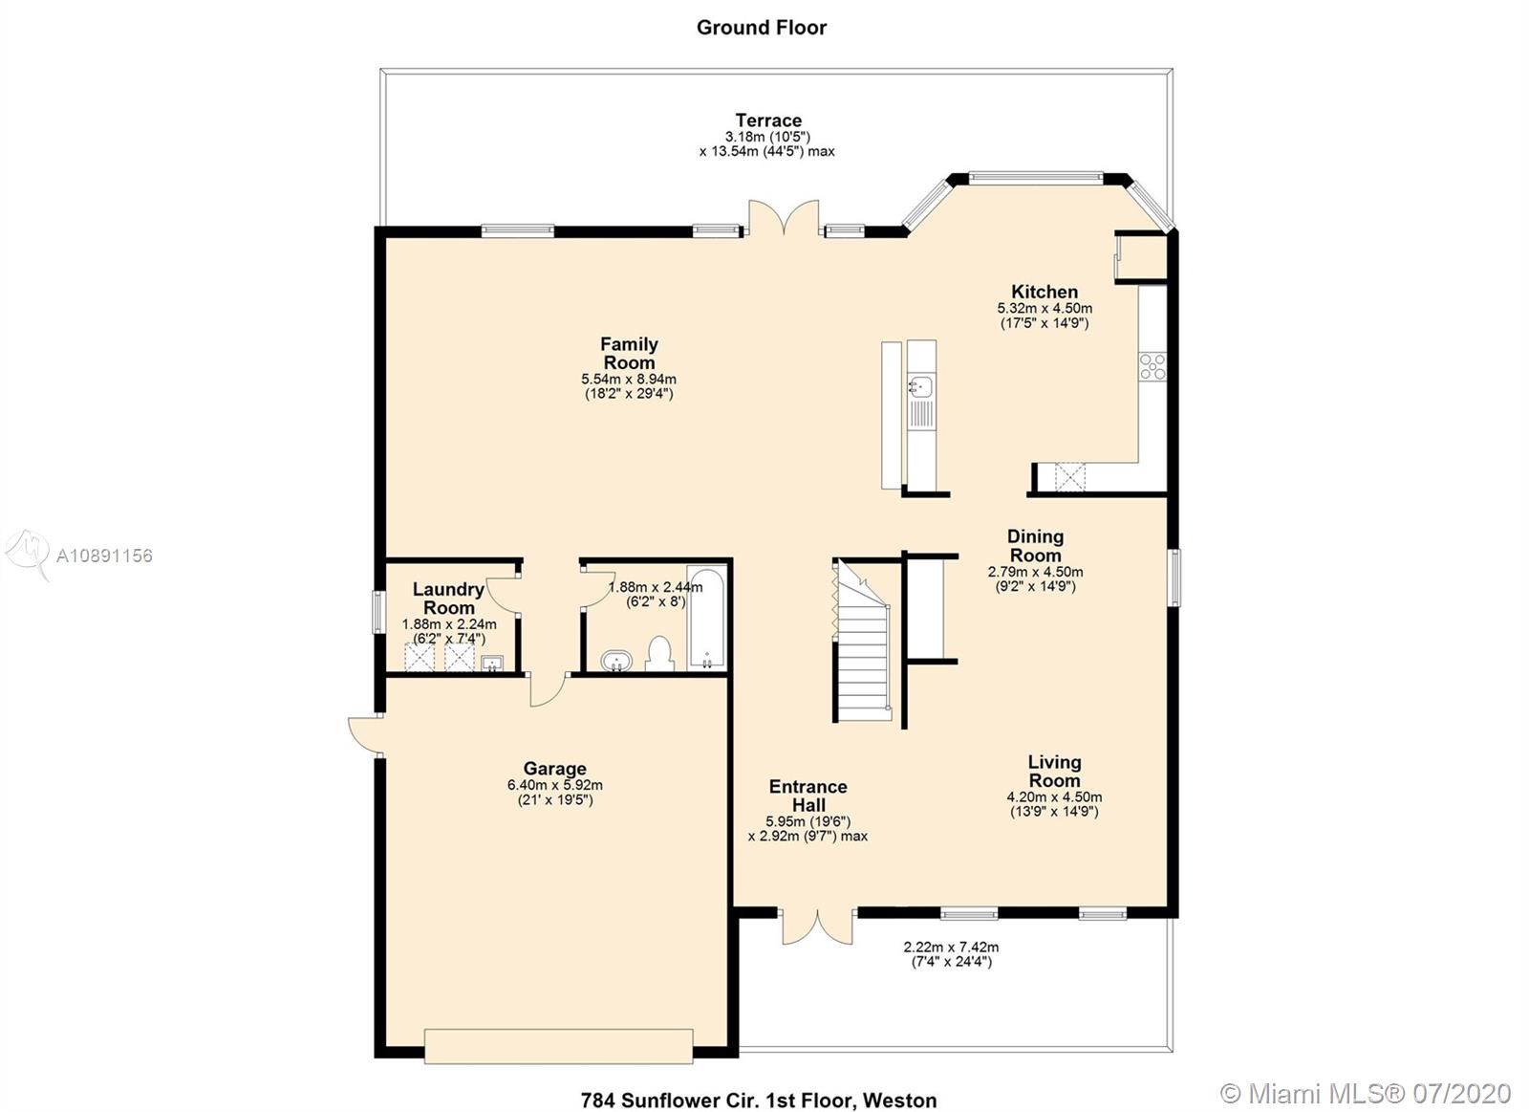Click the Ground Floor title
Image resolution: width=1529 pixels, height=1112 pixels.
pos(761,28)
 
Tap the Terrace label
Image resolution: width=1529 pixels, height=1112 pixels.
pos(768,120)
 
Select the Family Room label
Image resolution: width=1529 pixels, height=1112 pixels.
pos(629,353)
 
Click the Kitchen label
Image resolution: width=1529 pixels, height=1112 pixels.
pos(1044,292)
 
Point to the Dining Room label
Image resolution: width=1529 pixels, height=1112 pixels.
pos(1036,546)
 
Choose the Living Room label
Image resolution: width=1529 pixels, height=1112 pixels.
pos(1055,772)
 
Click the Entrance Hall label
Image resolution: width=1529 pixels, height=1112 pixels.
pos(808,796)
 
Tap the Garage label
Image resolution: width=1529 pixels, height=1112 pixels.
pos(555,769)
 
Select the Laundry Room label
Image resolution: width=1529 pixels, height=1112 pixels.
pos(448,599)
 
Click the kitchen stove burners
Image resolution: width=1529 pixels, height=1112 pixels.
pos(1152,367)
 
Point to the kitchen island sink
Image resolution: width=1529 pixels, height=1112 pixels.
pos(921,387)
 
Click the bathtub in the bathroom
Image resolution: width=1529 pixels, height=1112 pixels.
pos(706,619)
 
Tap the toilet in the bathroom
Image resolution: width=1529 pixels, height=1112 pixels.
pos(659,654)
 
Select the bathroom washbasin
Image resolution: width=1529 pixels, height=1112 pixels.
pos(616,661)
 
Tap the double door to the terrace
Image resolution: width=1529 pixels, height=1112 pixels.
pos(784,217)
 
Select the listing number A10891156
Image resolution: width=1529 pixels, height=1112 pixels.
pos(104,556)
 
